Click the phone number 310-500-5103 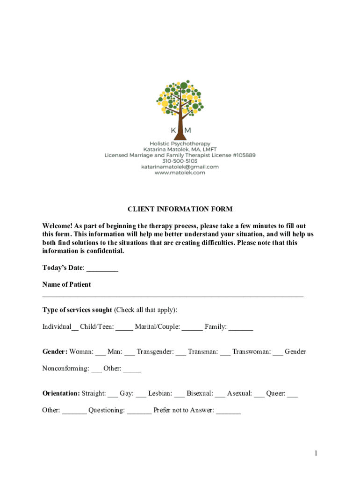click(x=180, y=161)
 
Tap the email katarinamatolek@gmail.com click(x=180, y=167)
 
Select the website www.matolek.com click(x=180, y=173)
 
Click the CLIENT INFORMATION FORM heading click(x=180, y=209)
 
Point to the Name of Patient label click(x=66, y=284)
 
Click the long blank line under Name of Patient click(x=173, y=296)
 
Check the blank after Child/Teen click(x=124, y=327)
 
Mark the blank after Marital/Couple click(x=192, y=327)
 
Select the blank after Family click(x=241, y=327)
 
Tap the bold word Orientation click(x=61, y=393)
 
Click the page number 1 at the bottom click(x=316, y=453)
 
